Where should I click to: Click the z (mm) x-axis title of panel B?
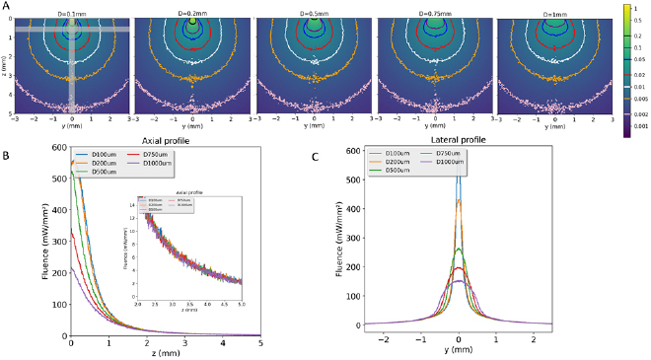tap(166, 352)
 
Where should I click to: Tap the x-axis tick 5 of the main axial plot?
tap(260, 339)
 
